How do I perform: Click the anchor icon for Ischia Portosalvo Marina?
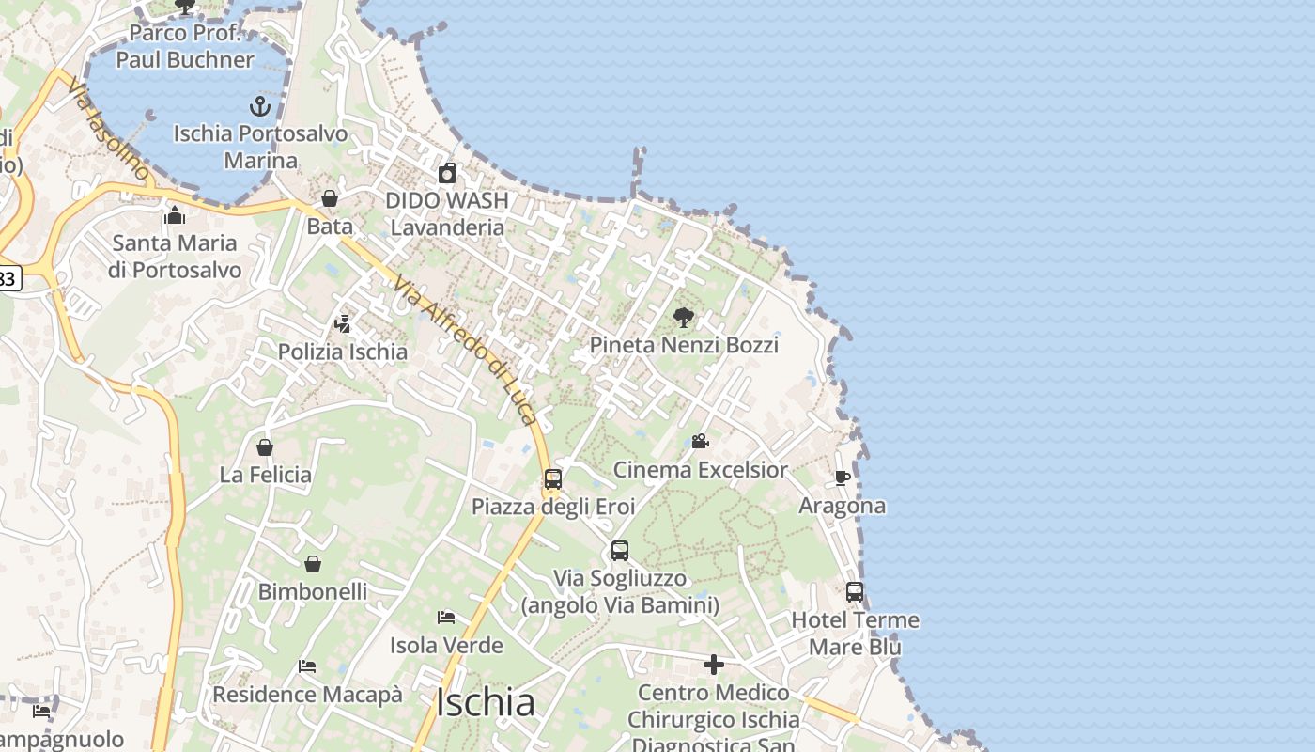260,105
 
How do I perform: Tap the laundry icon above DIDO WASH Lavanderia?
447,173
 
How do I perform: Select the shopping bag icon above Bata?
330,198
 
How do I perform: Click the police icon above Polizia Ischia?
343,324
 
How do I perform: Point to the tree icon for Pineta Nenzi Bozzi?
684,318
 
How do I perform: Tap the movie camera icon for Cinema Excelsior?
700,441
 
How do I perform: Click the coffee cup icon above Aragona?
843,478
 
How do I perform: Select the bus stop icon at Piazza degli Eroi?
553,479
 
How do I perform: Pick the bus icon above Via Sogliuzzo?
620,551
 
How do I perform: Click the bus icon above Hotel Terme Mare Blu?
855,592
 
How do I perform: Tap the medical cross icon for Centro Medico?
714,666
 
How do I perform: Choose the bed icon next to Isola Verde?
446,618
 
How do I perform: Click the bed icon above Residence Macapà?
307,666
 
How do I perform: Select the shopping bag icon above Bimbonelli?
313,564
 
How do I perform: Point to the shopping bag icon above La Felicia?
265,447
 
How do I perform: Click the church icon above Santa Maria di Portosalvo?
175,215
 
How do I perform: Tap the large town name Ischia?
487,702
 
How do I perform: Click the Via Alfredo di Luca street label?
465,350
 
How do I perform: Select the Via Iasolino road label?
107,129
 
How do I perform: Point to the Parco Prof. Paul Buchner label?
185,46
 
